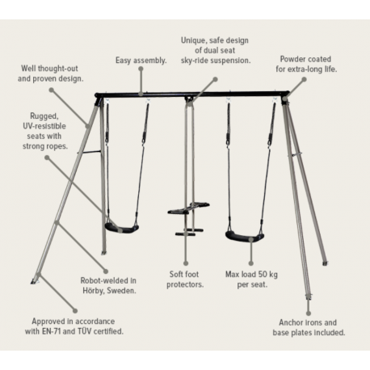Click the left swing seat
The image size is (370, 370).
point(122,228)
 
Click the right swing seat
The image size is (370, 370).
point(245,237)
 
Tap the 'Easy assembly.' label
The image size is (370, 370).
point(141,61)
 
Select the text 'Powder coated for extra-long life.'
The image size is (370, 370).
point(306,64)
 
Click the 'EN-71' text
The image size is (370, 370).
point(51,331)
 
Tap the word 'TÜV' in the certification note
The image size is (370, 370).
point(85,331)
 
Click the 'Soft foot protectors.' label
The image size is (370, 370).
point(185,280)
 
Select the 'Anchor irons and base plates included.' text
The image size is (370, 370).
point(309,327)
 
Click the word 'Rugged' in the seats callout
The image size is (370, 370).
point(44,116)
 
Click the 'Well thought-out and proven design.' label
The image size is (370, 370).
point(50,74)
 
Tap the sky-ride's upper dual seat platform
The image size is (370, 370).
point(188,208)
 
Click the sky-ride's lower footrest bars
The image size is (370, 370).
point(189,232)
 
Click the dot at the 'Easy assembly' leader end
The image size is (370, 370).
point(141,69)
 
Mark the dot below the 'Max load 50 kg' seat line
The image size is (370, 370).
point(251,263)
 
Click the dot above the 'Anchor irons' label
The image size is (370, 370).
point(309,313)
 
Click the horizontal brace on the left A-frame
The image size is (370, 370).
point(90,152)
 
